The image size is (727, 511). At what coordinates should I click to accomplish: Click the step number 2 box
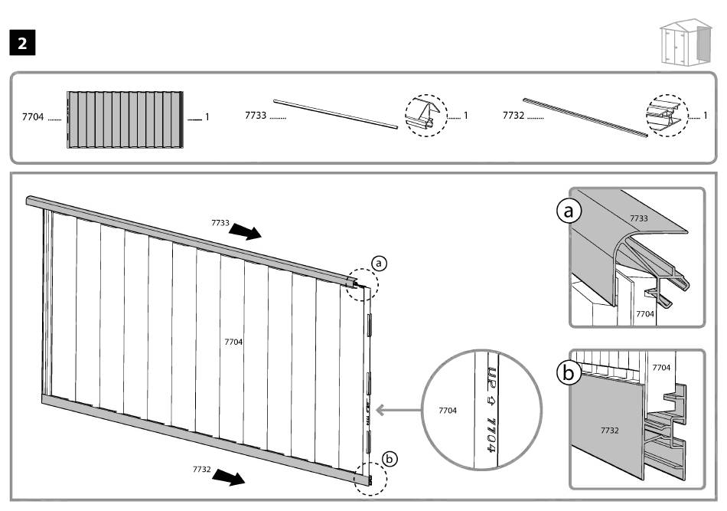pos(22,43)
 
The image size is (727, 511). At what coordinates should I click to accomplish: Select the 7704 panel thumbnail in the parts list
pos(126,119)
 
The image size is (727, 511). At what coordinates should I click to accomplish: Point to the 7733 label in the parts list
pos(255,116)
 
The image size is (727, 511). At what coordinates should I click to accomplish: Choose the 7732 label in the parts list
pos(513,116)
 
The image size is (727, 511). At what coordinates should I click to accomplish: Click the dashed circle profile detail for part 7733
pos(425,116)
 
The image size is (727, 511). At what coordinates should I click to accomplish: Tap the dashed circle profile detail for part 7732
pos(667,116)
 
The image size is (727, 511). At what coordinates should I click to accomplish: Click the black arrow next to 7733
pos(246,231)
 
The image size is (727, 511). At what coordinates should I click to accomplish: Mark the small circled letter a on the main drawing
pos(377,264)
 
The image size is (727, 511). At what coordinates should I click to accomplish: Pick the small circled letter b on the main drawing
pos(390,460)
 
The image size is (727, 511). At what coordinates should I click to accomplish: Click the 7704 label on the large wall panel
pos(233,342)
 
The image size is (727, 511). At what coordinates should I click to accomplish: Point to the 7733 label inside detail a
pos(638,218)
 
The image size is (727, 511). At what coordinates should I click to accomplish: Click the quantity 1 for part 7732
pos(705,116)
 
